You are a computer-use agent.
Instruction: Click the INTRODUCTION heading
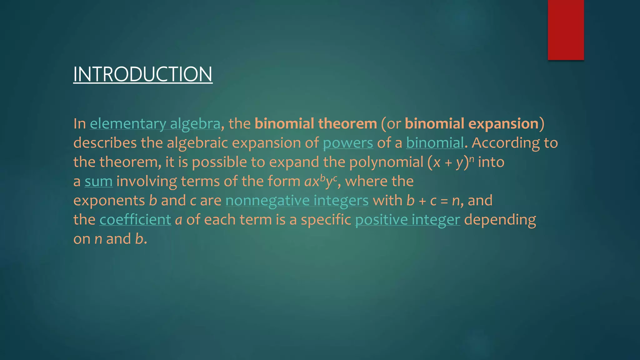[x=142, y=74]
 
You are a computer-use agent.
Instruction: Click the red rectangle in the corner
[x=566, y=30]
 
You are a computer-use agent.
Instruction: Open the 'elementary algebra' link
[x=155, y=124]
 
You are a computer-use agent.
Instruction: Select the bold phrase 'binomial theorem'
[x=316, y=124]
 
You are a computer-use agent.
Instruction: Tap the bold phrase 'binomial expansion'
[x=472, y=124]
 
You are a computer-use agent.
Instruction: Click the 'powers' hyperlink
[x=348, y=143]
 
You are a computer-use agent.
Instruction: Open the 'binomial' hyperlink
[x=435, y=143]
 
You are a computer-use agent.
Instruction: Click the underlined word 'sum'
[x=98, y=182]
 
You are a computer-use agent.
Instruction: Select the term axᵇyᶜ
[x=321, y=181]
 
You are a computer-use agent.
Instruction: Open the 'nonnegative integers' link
[x=297, y=201]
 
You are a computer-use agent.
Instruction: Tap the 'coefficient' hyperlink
[x=135, y=220]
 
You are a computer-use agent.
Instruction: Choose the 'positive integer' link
[x=407, y=220]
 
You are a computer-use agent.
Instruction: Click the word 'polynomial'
[x=386, y=162]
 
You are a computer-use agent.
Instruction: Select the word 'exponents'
[x=109, y=201]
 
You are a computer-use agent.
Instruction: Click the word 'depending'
[x=500, y=220]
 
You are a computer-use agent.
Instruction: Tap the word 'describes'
[x=105, y=143]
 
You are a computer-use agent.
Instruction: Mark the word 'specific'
[x=326, y=220]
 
